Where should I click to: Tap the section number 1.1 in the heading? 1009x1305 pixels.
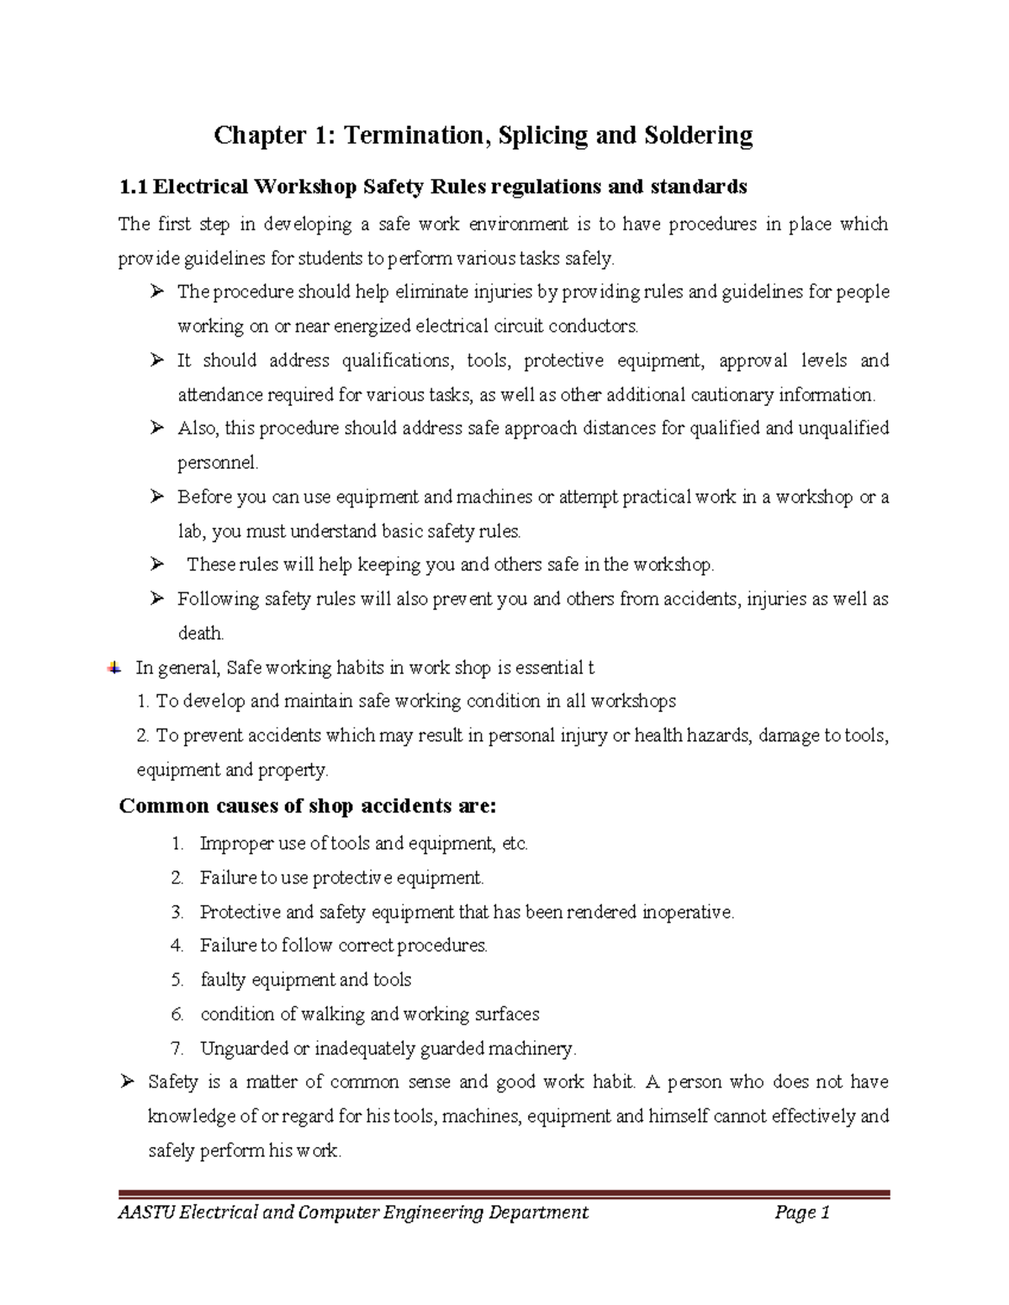click(x=133, y=187)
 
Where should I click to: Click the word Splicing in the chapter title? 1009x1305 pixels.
click(x=543, y=135)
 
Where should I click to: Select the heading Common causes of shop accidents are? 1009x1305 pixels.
click(x=308, y=807)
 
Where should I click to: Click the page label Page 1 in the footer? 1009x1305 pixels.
click(x=802, y=1212)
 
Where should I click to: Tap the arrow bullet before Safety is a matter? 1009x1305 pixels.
click(x=128, y=1082)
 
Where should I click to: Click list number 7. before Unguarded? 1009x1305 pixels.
click(x=177, y=1049)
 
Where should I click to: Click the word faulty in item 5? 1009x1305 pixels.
click(x=222, y=980)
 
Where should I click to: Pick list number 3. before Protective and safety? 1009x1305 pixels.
click(x=177, y=912)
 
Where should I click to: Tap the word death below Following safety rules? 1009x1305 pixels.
click(x=200, y=634)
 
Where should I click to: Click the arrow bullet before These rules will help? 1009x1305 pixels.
click(x=156, y=565)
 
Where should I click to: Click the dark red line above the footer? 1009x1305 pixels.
click(x=504, y=1193)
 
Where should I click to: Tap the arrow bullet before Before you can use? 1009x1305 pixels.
click(x=156, y=497)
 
